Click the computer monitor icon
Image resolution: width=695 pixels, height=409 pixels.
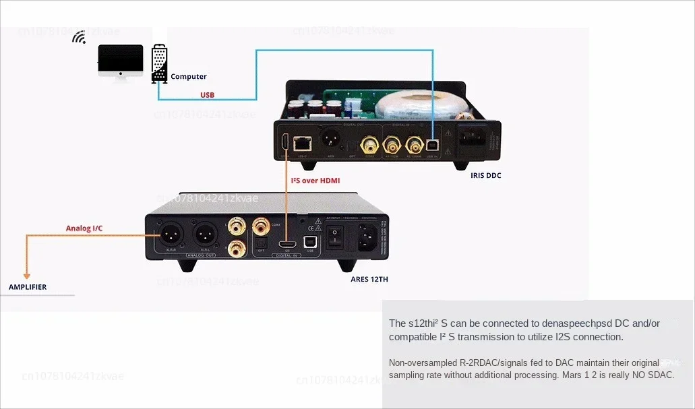[121, 61]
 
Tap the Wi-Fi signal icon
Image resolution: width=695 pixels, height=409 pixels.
[79, 37]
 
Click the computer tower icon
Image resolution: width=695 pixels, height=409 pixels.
[159, 63]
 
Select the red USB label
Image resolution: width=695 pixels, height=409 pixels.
[207, 95]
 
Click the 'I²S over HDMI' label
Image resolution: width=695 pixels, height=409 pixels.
[315, 181]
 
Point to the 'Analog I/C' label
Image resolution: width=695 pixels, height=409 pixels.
[84, 228]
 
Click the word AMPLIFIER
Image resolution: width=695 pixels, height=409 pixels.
[28, 287]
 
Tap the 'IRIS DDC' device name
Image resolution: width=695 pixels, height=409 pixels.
[486, 176]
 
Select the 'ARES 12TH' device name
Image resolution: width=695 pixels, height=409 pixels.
[369, 279]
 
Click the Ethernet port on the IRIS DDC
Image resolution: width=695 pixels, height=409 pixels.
[303, 142]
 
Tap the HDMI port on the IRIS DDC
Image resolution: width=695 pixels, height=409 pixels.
[286, 141]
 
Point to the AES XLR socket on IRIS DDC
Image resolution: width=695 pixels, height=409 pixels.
[332, 142]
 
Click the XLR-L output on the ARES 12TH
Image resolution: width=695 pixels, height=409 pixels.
[205, 236]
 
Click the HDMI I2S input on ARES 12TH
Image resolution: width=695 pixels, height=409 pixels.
[288, 243]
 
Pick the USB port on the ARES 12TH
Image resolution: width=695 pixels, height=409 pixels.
[310, 241]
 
